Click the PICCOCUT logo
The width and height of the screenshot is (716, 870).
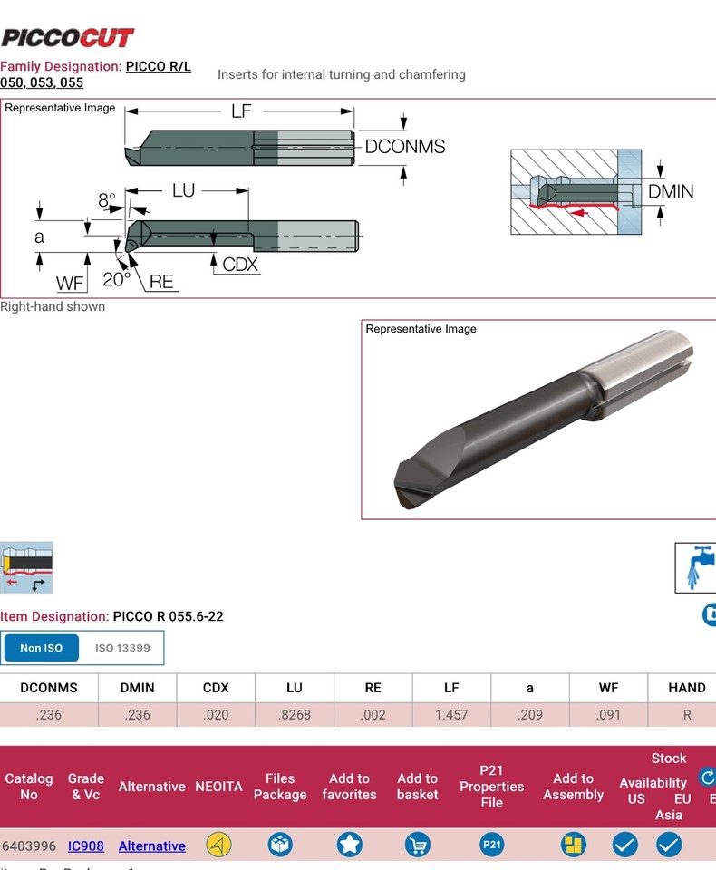pos(67,37)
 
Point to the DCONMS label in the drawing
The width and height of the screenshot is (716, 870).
pos(404,147)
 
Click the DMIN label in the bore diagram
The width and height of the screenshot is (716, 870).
pos(671,191)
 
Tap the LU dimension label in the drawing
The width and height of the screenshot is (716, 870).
pos(183,190)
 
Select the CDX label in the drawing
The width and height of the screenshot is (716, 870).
pos(240,265)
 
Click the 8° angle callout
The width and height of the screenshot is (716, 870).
pos(107,199)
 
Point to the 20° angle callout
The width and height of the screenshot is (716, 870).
pos(116,280)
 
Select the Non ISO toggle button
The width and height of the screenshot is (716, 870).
pos(41,648)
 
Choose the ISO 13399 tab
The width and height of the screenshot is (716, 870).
pos(122,648)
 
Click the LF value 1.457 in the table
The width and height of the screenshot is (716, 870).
pos(451,714)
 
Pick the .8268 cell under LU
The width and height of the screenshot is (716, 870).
pos(295,714)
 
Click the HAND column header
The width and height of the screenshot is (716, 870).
pos(686,688)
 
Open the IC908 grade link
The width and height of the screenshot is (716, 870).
pos(86,846)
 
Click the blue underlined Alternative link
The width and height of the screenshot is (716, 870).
pos(151,846)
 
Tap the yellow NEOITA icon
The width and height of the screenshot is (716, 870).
pos(218,845)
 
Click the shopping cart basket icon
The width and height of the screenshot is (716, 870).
pos(417,845)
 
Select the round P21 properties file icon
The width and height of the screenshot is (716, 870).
pos(491,845)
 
